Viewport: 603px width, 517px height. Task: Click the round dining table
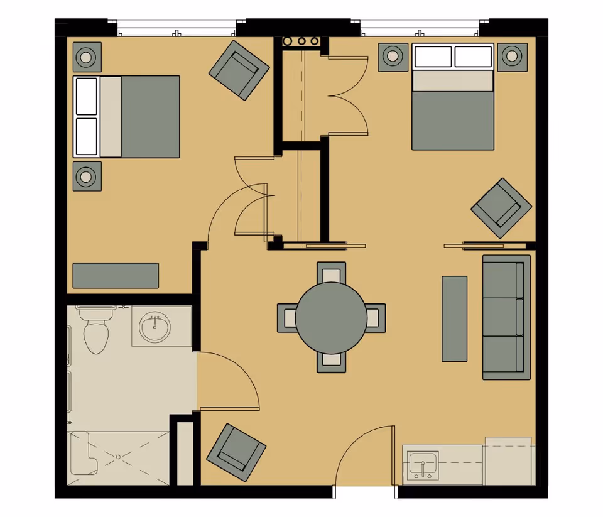[331, 317]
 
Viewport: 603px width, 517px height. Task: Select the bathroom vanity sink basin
[155, 328]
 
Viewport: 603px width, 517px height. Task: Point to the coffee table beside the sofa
[454, 318]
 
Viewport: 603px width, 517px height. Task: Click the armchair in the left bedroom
[239, 70]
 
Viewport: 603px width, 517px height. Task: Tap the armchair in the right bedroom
[501, 208]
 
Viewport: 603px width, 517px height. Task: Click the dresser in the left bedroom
[116, 275]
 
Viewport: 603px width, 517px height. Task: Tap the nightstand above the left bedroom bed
[87, 57]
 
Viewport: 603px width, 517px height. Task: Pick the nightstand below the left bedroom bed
[87, 177]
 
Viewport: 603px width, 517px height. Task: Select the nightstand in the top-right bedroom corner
[513, 57]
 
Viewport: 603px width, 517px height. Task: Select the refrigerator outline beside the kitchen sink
[508, 462]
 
